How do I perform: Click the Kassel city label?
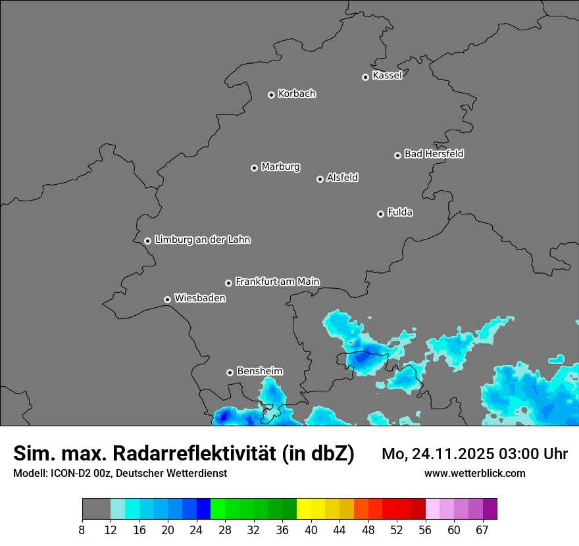387,76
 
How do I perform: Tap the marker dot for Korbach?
271,95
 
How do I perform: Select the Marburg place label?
280,166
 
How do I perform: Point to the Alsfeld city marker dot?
320,179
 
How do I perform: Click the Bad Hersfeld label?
434,154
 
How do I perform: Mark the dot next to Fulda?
380,214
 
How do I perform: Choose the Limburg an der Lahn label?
202,239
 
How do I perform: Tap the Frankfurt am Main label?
277,282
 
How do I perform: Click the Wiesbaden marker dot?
167,299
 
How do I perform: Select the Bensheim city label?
259,371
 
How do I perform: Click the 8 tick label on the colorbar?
82,530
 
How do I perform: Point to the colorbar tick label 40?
311,530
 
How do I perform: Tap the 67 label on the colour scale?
482,530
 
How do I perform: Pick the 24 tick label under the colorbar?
197,530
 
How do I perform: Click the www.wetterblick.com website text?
474,474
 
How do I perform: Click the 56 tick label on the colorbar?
426,530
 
